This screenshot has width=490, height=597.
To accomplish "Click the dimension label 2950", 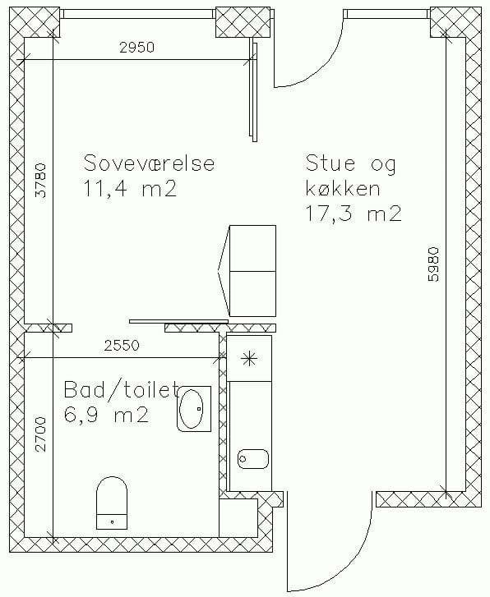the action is point(137,48).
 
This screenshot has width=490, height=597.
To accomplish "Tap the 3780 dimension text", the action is point(40,181).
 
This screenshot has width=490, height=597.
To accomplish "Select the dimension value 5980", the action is point(433,264).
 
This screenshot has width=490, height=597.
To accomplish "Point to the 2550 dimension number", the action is point(122,346).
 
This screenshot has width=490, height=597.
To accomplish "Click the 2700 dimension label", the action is point(40,434).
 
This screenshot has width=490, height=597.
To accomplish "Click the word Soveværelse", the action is point(149,163).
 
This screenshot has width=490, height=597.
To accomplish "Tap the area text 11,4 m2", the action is point(130,189).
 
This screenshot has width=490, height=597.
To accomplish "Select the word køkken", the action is point(343,188).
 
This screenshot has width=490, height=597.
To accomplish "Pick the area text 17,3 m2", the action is point(354,214).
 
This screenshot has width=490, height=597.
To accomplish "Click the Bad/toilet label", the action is point(122,389).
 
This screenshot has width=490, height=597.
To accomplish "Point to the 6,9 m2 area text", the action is point(105,415).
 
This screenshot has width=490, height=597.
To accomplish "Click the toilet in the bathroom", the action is point(112,503).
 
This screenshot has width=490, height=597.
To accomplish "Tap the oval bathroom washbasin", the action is point(194,408).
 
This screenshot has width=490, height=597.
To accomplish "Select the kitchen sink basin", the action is point(253,459).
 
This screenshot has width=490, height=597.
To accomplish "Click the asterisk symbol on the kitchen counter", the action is point(249,358).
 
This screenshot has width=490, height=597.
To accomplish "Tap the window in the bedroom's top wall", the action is point(138,14).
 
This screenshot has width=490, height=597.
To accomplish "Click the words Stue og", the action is point(351,163).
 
